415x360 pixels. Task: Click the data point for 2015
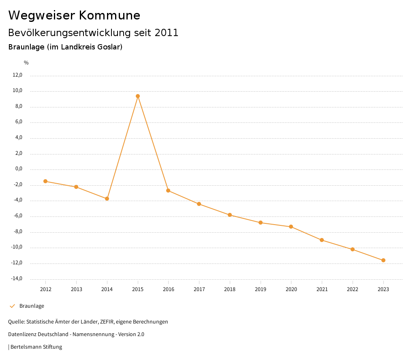[138, 96]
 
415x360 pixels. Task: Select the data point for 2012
[45, 181]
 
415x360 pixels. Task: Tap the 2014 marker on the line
[107, 199]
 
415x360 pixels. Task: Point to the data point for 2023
[383, 260]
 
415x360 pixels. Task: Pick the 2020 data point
[291, 227]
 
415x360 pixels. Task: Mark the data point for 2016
[168, 191]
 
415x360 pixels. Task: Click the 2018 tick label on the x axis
[230, 289]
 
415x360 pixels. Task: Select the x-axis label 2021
[322, 289]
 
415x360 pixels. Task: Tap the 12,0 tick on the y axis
[17, 75]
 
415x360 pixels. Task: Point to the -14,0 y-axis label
[17, 279]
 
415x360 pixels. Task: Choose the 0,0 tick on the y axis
[18, 169]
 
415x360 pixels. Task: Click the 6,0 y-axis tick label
[18, 122]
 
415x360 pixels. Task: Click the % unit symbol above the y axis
[26, 63]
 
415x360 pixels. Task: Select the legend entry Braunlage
[32, 306]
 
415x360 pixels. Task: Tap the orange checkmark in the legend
[12, 306]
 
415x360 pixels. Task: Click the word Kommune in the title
[109, 15]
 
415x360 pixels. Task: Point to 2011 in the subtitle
[167, 33]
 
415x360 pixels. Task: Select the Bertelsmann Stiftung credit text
[36, 347]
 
